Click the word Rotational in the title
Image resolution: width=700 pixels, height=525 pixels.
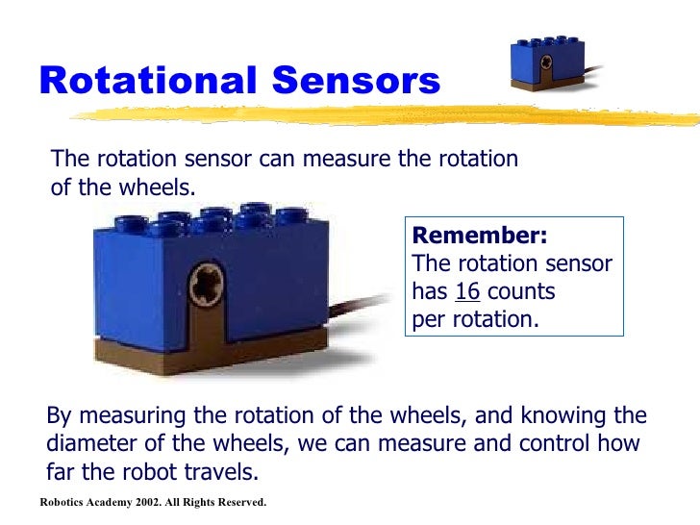pos(139,82)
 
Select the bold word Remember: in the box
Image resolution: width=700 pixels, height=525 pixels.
pos(479,237)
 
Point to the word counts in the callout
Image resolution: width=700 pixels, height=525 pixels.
pos(522,291)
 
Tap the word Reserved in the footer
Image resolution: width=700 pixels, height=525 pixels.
pos(237,502)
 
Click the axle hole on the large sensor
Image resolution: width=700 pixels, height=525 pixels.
pos(208,287)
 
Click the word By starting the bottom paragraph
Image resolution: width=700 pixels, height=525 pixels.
pos(60,416)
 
